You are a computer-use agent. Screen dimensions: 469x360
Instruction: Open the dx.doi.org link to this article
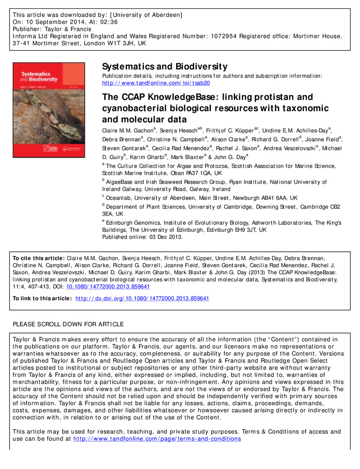coord(142,298)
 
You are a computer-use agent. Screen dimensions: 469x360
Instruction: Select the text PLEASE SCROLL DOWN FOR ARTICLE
coord(68,324)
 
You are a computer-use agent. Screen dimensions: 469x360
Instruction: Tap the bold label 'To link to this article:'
coord(42,298)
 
